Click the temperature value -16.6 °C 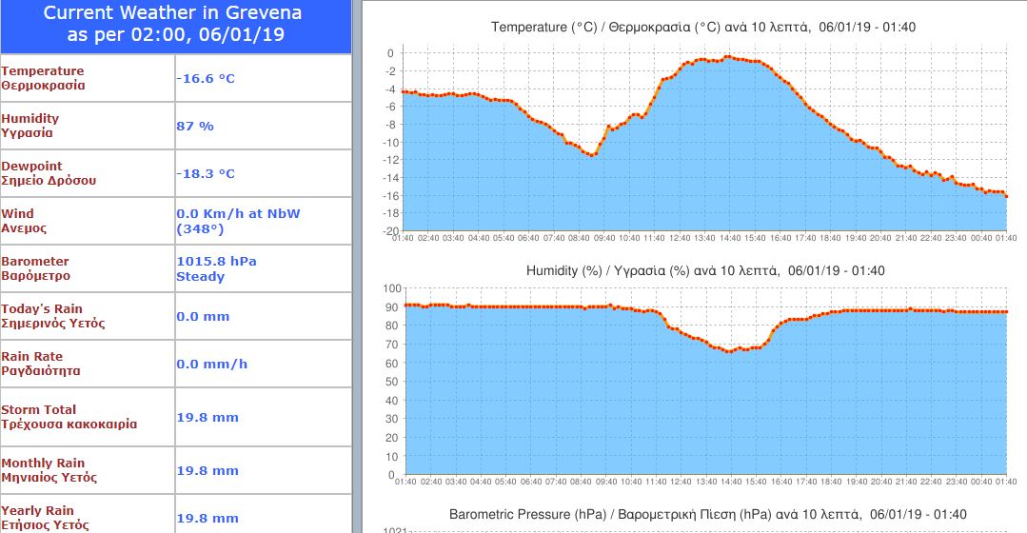206,78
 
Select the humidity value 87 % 195,126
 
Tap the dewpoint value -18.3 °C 206,173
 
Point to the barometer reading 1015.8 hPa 216,261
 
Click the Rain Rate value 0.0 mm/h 212,364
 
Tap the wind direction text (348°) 198,229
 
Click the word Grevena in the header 258,12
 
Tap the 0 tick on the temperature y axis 390,53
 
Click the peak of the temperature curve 727,57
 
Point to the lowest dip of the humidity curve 729,351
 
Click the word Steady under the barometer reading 200,277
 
